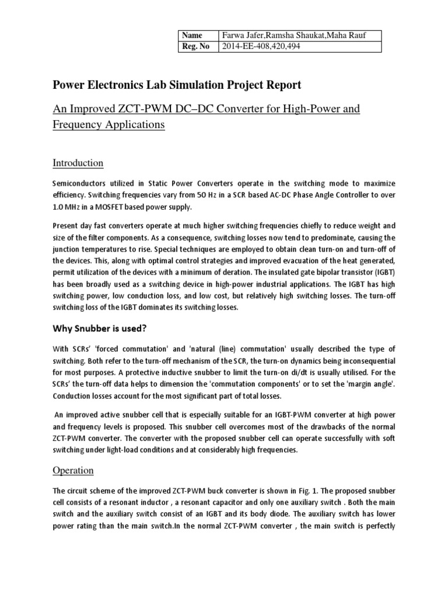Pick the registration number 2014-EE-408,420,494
click(x=260, y=47)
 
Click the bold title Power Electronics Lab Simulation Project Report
click(x=177, y=85)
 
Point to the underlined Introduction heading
click(x=78, y=162)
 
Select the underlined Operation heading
click(x=73, y=470)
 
